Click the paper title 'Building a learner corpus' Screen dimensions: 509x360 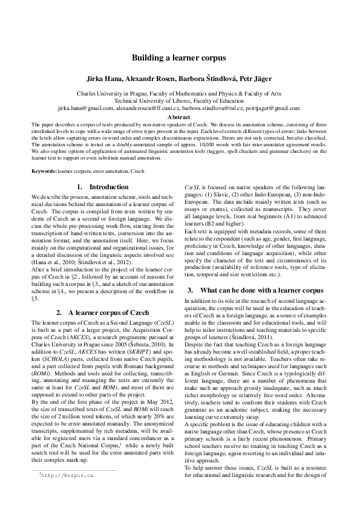(x=180, y=58)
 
